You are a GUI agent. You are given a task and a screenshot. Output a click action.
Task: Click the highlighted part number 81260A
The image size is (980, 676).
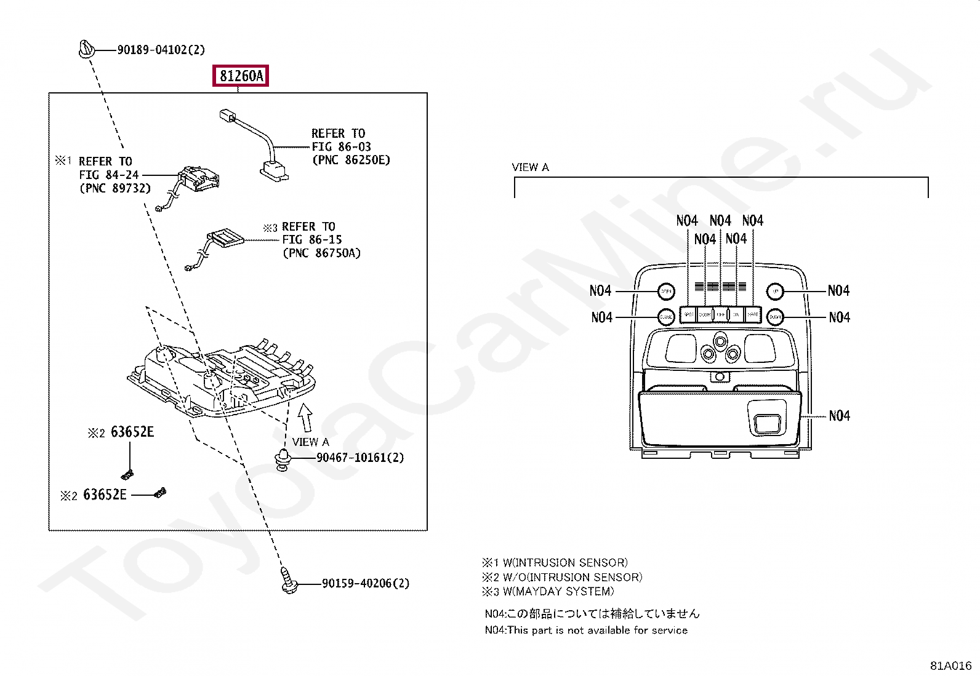click(x=241, y=76)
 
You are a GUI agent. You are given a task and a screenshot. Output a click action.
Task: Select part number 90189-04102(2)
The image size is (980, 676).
click(x=161, y=50)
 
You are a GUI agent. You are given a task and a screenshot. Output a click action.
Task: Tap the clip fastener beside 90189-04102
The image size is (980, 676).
click(x=86, y=49)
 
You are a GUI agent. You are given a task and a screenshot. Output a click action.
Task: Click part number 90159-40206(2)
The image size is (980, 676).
click(x=365, y=583)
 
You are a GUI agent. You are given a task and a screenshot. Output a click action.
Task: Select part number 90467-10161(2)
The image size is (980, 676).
click(x=360, y=458)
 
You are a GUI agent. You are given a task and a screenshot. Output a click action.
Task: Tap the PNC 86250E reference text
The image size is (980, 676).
click(x=351, y=160)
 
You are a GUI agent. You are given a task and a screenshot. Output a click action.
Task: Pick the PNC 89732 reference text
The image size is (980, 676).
click(x=115, y=188)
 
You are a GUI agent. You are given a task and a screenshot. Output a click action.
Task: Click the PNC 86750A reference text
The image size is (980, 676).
click(x=321, y=253)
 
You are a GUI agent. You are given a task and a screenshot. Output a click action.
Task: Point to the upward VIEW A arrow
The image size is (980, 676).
click(x=305, y=418)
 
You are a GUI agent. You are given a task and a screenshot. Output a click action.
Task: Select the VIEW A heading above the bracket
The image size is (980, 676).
click(x=530, y=167)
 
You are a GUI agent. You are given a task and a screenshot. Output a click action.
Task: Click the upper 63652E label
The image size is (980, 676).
click(x=132, y=432)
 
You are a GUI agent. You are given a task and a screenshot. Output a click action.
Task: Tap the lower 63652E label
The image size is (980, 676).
click(x=105, y=495)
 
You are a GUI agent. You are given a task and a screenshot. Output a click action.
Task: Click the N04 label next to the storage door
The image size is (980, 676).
click(x=839, y=416)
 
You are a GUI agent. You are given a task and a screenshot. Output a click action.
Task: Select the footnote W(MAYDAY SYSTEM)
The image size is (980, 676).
click(x=558, y=591)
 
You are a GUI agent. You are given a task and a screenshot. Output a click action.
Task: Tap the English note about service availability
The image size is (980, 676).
click(x=585, y=630)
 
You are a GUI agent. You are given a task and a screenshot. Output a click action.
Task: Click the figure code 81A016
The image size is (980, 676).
click(x=950, y=666)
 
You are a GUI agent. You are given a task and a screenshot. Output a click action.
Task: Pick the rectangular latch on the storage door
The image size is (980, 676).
click(x=767, y=423)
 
